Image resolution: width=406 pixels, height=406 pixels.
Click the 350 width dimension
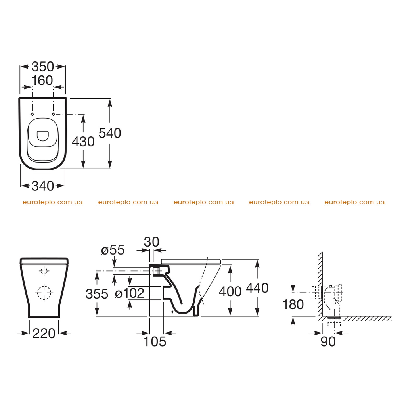[x=43, y=67]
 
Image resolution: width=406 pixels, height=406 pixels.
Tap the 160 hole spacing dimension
[x=42, y=80]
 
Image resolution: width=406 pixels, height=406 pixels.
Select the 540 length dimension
[x=110, y=133]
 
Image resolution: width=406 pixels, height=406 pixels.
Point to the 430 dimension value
[x=83, y=142]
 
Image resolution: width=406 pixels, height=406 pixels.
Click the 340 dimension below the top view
[x=43, y=186]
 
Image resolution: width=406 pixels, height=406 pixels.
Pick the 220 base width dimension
[x=44, y=333]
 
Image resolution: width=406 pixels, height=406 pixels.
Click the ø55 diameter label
[x=113, y=250]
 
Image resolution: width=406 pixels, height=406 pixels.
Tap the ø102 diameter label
[x=130, y=293]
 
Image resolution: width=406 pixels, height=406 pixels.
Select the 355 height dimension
[x=97, y=294]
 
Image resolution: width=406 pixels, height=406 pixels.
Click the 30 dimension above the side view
[x=151, y=242]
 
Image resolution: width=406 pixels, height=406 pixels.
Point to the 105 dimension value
[x=155, y=341]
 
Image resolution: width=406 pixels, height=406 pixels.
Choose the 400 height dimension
[x=230, y=291]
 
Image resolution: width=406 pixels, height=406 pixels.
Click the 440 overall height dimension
[x=257, y=288]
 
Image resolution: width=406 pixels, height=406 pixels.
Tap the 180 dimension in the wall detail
[x=293, y=304]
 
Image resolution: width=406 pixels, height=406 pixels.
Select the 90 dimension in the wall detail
[x=328, y=341]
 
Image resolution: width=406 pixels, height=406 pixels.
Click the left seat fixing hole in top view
[x=32, y=114]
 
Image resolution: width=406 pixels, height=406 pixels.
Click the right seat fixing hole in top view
[x=54, y=114]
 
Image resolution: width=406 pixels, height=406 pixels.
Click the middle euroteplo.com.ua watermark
[x=203, y=202]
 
